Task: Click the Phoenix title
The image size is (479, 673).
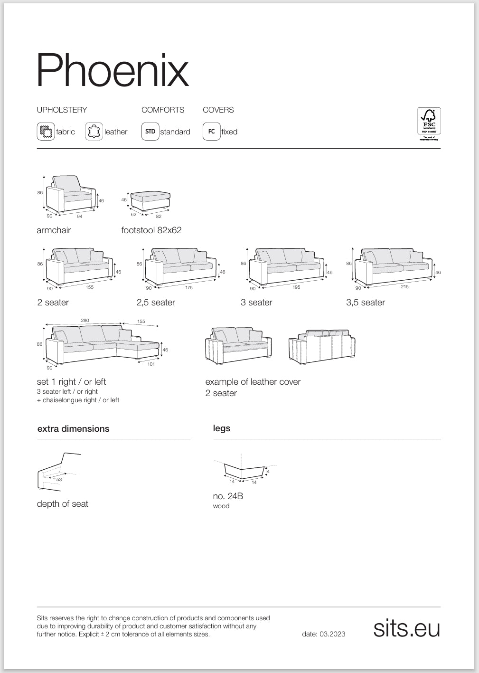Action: [x=113, y=70]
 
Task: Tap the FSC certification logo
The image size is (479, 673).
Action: [x=428, y=123]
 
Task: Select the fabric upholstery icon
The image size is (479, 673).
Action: [x=46, y=132]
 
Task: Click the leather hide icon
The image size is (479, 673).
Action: [x=94, y=132]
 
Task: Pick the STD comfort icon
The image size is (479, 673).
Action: [x=150, y=132]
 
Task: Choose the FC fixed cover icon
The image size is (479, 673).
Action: [x=211, y=132]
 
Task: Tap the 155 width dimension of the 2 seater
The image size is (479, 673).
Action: [x=90, y=287]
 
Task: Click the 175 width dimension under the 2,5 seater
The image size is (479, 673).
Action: [x=189, y=287]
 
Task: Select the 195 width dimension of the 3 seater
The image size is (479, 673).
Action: [x=296, y=287]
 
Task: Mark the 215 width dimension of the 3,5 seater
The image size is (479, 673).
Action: [x=404, y=286]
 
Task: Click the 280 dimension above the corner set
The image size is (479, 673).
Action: [x=85, y=321]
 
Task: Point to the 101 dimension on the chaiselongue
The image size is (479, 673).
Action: [x=151, y=364]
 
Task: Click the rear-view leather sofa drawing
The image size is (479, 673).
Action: [x=322, y=347]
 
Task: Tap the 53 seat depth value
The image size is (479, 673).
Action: [x=59, y=480]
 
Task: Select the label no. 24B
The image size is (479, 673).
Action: [x=228, y=496]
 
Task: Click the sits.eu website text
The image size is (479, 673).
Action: [x=406, y=628]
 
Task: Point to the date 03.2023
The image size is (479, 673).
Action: [x=323, y=634]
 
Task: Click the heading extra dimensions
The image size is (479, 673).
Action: [x=73, y=429]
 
